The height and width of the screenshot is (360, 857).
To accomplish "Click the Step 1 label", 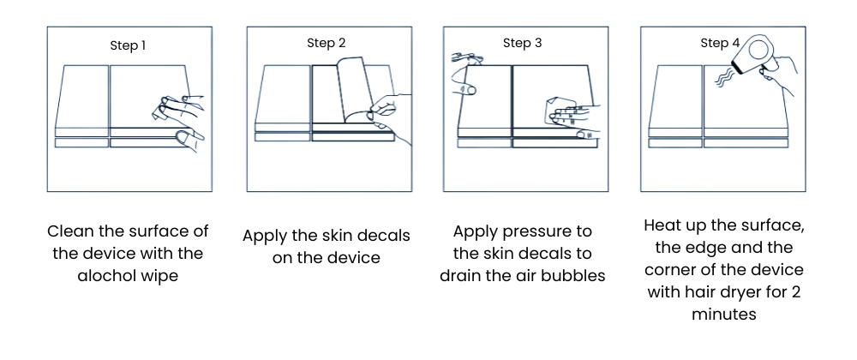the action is tap(128, 45).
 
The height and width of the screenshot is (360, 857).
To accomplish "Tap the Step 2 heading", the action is tap(327, 43).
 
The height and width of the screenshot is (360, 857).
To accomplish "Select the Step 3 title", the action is tap(523, 43).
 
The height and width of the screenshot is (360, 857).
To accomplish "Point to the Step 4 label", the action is tap(721, 43).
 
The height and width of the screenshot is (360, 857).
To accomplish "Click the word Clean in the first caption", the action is tap(71, 231).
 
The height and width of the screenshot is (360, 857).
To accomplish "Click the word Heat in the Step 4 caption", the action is tap(662, 225).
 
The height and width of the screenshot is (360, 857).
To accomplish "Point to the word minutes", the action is tap(724, 314).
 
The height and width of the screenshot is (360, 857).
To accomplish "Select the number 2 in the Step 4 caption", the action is tap(796, 292).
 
